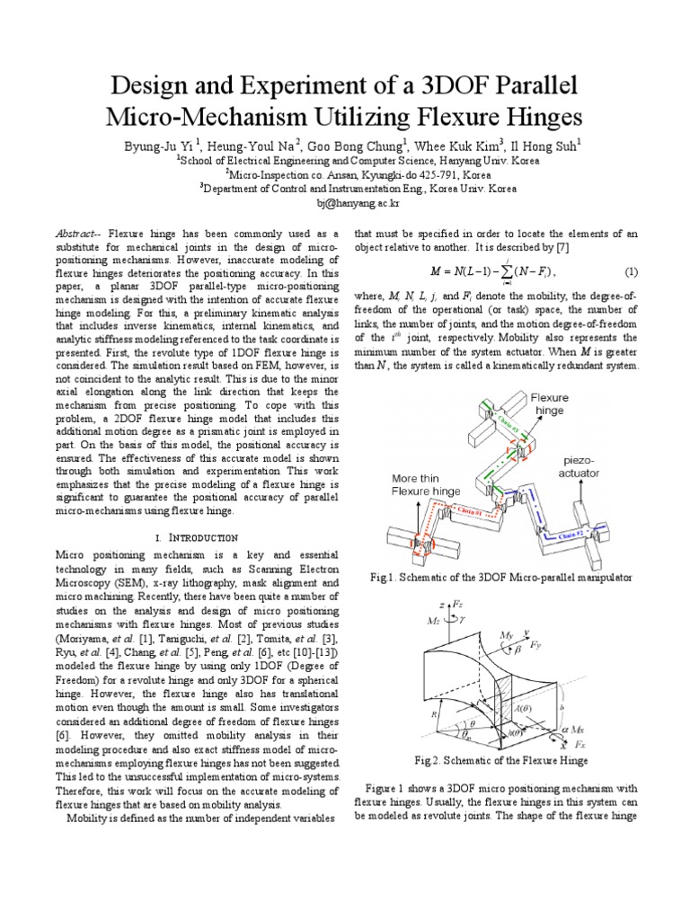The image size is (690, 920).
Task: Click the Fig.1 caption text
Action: point(496,574)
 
